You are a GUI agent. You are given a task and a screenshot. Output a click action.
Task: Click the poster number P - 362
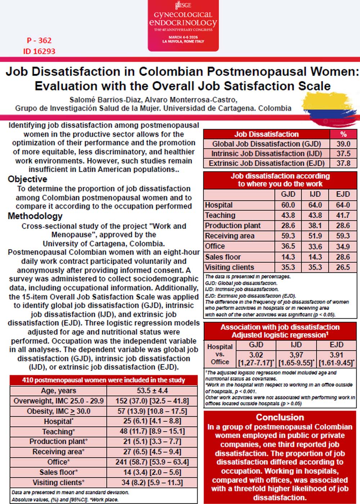(39, 40)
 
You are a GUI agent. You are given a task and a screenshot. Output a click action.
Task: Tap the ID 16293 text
(39, 51)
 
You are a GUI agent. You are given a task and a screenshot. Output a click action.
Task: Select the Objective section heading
(27, 179)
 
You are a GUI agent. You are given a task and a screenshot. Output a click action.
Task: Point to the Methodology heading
(35, 216)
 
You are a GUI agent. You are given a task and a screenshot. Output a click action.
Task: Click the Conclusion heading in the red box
(280, 417)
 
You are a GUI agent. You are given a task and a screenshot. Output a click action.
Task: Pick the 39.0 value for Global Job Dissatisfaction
(343, 144)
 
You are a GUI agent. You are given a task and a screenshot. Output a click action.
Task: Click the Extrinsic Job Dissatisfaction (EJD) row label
(267, 163)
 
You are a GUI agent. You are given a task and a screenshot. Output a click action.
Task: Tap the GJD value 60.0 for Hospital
(288, 205)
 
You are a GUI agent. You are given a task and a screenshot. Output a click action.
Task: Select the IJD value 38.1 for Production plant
(315, 225)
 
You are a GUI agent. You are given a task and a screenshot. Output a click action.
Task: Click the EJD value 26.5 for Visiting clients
(343, 267)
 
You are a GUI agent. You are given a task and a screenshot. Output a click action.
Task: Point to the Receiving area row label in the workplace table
(230, 236)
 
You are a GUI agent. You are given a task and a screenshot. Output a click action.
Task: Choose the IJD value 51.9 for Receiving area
(315, 236)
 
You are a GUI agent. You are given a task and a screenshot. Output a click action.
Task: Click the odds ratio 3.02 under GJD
(256, 355)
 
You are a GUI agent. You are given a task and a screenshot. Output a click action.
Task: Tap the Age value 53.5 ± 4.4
(152, 391)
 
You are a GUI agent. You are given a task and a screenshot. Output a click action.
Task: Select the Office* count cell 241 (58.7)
(152, 462)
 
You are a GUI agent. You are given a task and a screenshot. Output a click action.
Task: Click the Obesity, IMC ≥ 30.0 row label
(58, 411)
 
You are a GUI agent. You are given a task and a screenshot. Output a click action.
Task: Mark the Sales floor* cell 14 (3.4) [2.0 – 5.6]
(152, 472)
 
